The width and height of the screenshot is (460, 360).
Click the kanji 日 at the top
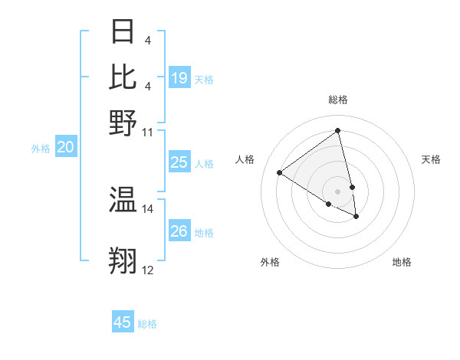click(123, 31)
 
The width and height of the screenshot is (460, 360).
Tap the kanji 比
click(123, 77)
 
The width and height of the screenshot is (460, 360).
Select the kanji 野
click(123, 122)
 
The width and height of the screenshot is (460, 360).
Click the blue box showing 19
click(179, 78)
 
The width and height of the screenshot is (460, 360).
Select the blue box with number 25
click(179, 162)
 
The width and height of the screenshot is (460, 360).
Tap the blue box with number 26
click(179, 231)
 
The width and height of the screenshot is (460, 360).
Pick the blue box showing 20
click(66, 148)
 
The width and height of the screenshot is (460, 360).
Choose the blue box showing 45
click(123, 322)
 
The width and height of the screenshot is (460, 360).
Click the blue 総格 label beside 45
click(147, 324)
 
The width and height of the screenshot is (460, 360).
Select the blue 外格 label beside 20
click(41, 149)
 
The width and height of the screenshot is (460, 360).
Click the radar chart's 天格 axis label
click(431, 159)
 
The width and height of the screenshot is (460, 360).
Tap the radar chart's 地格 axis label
click(402, 262)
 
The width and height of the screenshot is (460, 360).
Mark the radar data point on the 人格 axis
click(279, 172)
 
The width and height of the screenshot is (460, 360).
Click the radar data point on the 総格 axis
click(338, 131)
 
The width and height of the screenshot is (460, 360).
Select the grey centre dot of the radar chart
click(338, 191)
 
